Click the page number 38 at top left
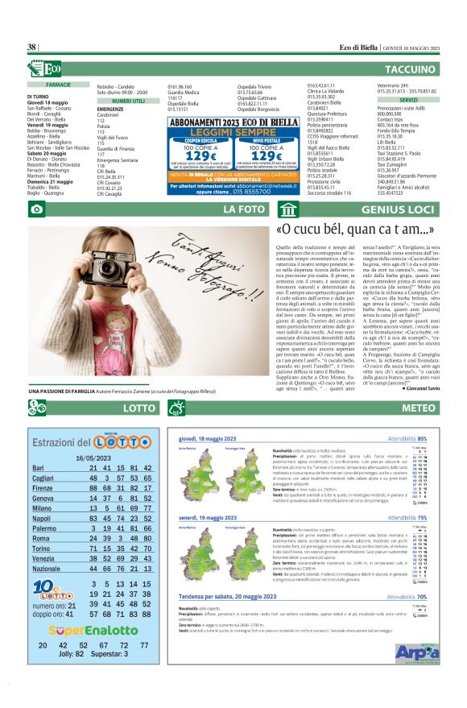pyautogui.click(x=32, y=48)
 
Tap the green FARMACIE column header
pyautogui.click(x=59, y=85)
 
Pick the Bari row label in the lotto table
pyautogui.click(x=38, y=467)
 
